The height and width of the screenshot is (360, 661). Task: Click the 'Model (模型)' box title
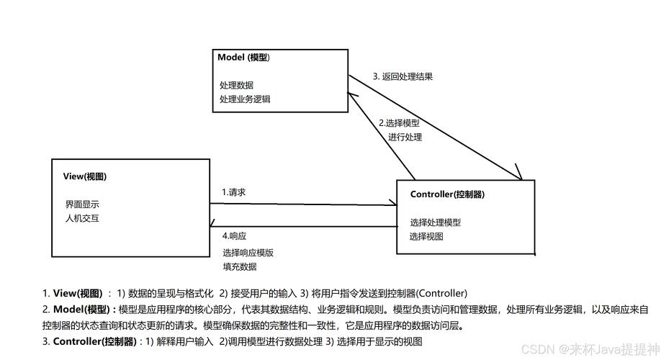pos(244,57)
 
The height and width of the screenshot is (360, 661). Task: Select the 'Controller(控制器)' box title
pos(446,194)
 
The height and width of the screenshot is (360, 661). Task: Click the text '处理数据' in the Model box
pos(236,85)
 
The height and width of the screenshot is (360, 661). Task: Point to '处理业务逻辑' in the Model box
pos(245,99)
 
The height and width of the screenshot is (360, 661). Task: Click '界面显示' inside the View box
pos(82,204)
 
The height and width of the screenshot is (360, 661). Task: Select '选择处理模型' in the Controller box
pos(435,222)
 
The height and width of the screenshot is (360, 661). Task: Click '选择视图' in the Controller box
pos(426,236)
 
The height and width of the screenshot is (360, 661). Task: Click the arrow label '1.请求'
pos(235,192)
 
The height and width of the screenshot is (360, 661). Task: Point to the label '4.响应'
pos(235,236)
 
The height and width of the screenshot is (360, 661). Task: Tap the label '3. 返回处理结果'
pos(403,76)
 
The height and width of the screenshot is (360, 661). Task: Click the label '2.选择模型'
pos(399,123)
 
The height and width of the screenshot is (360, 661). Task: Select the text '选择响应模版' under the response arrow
pos(248,253)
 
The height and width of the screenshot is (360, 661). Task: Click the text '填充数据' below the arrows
pos(240,266)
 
